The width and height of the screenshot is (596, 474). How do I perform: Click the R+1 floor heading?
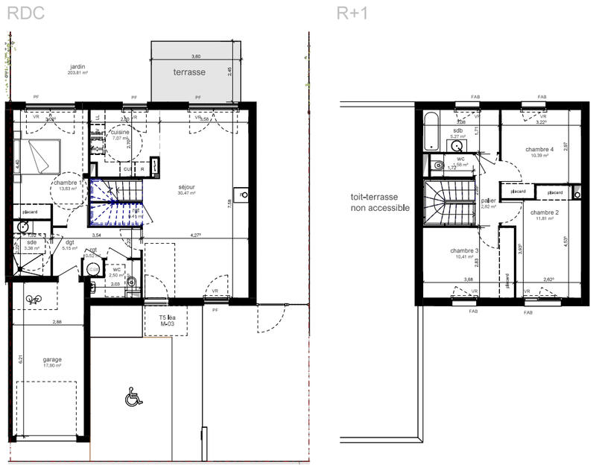(x=352, y=13)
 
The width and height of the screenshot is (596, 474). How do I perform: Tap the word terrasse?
(x=189, y=73)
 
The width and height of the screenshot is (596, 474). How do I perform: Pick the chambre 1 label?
(x=67, y=185)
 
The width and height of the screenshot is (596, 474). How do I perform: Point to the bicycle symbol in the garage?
(x=34, y=300)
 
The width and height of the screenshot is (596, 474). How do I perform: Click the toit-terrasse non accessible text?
(x=380, y=203)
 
